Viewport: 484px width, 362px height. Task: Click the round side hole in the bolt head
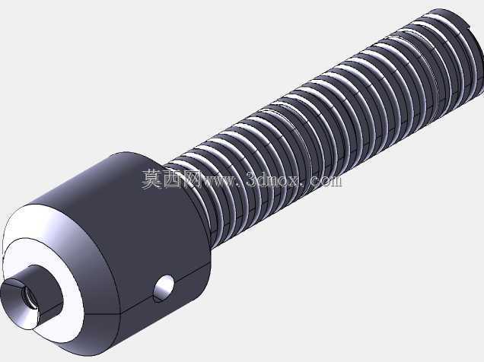164,288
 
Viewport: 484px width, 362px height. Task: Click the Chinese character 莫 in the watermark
151,179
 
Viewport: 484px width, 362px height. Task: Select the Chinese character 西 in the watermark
172,179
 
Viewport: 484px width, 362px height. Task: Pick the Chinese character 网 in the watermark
192,179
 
